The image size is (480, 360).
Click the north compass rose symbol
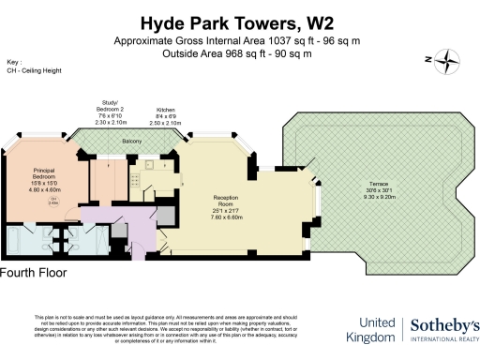click(x=448, y=61)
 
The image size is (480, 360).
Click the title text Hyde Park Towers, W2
click(x=231, y=22)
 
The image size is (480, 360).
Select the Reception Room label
click(x=225, y=200)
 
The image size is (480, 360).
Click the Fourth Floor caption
click(x=35, y=273)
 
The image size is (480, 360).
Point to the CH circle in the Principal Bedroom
click(x=55, y=200)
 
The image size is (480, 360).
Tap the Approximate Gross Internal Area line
click(x=231, y=42)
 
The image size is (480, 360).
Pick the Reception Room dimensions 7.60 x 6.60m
click(x=225, y=217)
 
